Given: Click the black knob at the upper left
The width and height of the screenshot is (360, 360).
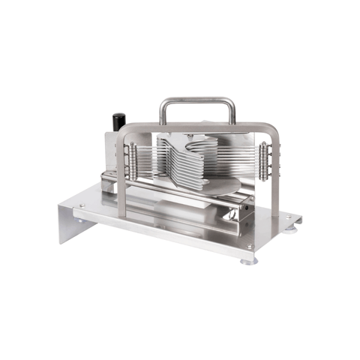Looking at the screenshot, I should coord(118,121).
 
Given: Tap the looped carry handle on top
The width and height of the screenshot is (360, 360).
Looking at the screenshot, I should coord(197,100).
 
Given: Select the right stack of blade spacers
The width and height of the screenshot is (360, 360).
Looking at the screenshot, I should coord(265,159).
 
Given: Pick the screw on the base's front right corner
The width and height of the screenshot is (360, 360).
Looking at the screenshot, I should coord(250,247).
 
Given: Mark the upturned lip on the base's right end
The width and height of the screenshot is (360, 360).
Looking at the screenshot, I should coord(298,218).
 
